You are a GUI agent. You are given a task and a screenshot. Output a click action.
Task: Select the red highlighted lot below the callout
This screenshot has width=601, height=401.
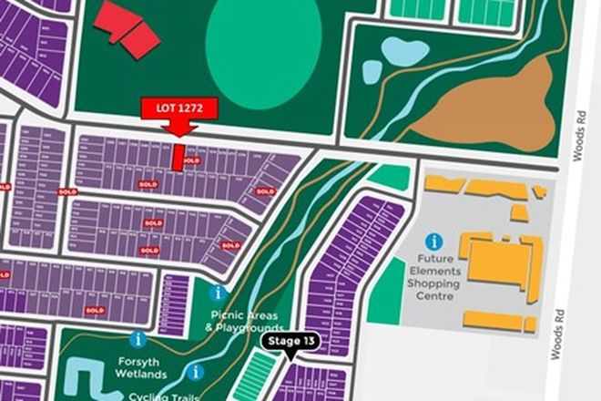[178, 156]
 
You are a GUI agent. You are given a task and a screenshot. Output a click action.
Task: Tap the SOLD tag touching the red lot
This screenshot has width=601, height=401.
[191, 160]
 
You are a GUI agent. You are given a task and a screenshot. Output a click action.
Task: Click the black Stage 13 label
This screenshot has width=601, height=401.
[290, 341]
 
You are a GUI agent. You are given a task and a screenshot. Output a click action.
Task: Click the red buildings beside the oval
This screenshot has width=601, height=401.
[127, 26]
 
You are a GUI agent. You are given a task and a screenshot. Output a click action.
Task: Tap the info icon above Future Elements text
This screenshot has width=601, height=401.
[434, 242]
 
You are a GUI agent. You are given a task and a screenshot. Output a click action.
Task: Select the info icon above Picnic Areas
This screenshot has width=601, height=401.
[217, 293]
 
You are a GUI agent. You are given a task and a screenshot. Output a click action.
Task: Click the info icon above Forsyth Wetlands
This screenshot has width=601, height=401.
[138, 338]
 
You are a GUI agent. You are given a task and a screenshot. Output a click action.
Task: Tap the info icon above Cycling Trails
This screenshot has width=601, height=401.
[194, 372]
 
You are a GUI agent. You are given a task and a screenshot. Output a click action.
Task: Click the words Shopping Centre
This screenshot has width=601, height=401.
[433, 283]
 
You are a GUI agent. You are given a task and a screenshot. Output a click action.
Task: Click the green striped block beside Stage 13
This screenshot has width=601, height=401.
[256, 375]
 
